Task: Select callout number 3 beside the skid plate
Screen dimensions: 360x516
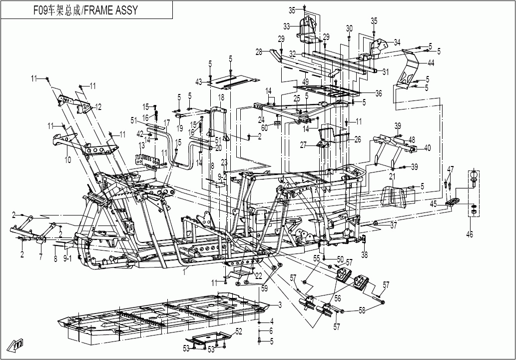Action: pos(280,304)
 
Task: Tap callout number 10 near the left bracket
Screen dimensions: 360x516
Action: pos(67,159)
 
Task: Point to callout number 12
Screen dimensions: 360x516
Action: pos(98,106)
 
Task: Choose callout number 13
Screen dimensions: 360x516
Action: pos(141,145)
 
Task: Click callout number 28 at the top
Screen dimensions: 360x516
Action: pos(258,51)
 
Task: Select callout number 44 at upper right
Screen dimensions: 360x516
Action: pos(431,63)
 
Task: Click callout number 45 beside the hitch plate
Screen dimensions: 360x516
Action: pos(433,203)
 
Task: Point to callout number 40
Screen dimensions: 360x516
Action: pos(427,148)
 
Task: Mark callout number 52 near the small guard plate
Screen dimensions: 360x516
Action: pos(239,331)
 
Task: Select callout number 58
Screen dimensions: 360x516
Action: pos(362,310)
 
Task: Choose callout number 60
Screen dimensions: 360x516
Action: pos(278,128)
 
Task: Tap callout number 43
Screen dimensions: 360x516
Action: pos(199,82)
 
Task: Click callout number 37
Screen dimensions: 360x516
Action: pos(394,226)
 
